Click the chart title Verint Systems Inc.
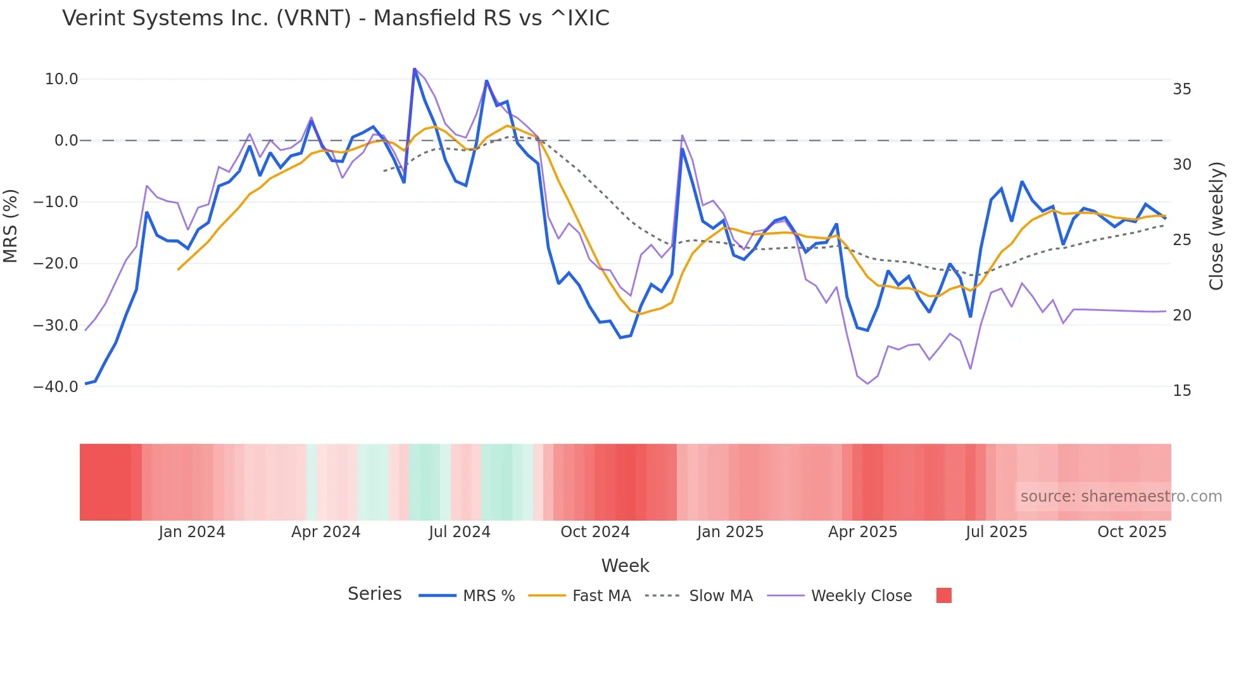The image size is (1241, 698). click(x=336, y=18)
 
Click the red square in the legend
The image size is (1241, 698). click(x=943, y=595)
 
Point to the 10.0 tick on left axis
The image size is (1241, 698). click(x=61, y=79)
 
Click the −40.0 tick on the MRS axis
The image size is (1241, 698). click(x=56, y=386)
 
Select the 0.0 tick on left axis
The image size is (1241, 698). click(x=66, y=141)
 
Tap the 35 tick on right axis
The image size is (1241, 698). click(x=1181, y=89)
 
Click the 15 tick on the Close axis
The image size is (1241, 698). click(x=1181, y=391)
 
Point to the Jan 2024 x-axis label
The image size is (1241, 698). click(x=192, y=532)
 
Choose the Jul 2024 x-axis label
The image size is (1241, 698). click(x=460, y=532)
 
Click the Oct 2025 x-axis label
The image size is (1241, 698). click(x=1131, y=532)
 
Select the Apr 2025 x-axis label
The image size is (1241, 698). click(x=862, y=532)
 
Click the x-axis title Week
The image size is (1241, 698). click(x=625, y=566)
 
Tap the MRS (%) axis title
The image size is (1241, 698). click(x=11, y=225)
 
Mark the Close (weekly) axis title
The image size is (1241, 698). click(x=1216, y=225)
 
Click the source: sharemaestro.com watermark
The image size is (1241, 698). click(x=1121, y=497)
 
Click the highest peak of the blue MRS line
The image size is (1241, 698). click(x=414, y=69)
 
